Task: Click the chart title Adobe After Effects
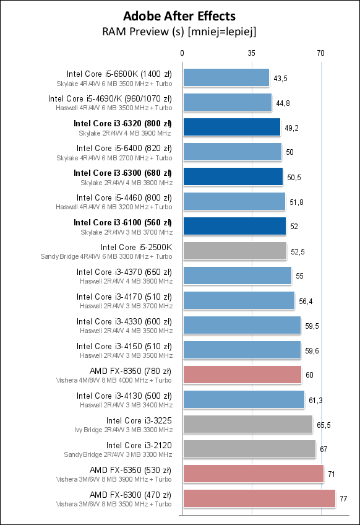click(x=179, y=15)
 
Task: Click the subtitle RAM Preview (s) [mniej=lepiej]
click(x=179, y=30)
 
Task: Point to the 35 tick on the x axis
click(x=251, y=53)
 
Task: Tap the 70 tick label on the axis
click(x=320, y=53)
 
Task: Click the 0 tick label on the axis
click(x=182, y=53)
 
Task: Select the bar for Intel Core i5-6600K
click(x=226, y=78)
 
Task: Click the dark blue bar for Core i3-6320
click(x=231, y=128)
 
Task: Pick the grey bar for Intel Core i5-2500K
click(x=234, y=251)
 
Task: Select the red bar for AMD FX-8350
click(x=242, y=375)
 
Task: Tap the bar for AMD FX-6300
click(x=259, y=498)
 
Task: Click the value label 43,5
click(x=280, y=78)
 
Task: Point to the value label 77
click(x=343, y=498)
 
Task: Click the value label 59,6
click(x=312, y=350)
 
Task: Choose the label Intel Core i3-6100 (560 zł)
click(x=122, y=222)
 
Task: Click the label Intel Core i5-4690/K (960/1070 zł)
click(x=110, y=98)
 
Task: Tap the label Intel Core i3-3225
click(x=139, y=420)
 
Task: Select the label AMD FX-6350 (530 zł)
click(x=131, y=470)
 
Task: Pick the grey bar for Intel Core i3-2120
click(x=249, y=449)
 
